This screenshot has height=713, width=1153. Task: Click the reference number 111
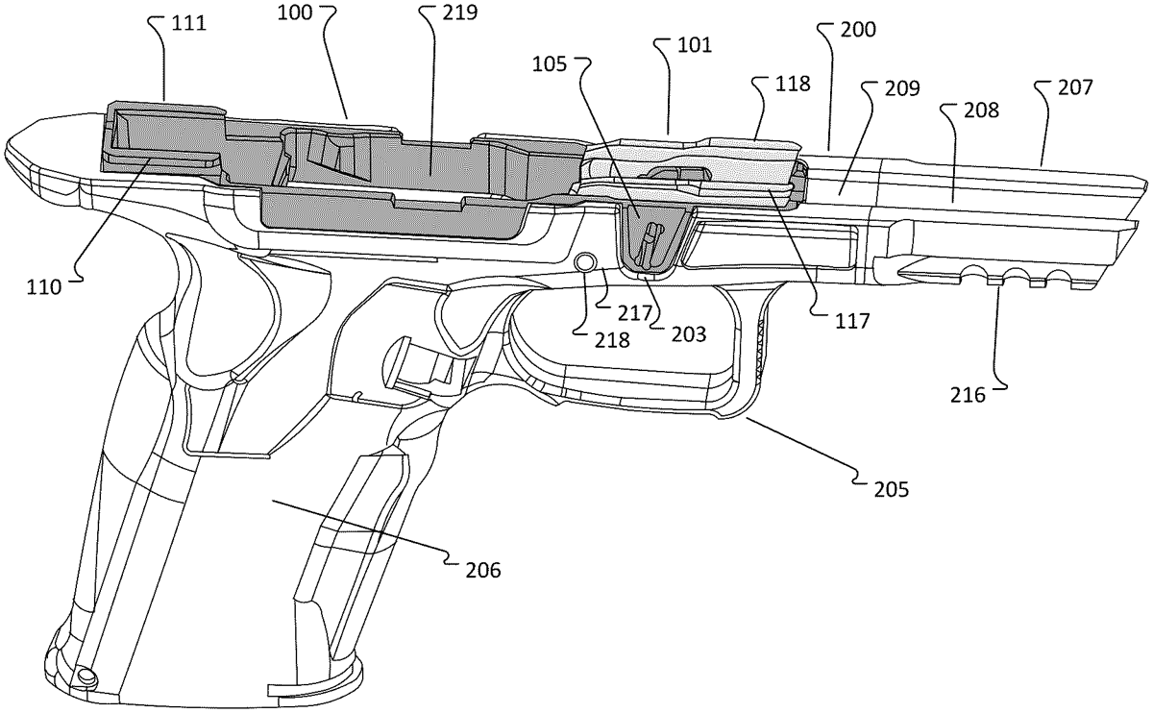point(188,23)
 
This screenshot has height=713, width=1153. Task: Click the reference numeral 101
point(693,44)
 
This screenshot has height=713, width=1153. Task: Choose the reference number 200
point(858,30)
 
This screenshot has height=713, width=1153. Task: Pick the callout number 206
point(482,570)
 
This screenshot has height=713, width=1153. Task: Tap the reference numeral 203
point(689,333)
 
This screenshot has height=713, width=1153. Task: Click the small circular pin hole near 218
point(584,261)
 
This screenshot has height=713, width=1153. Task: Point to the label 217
point(635,313)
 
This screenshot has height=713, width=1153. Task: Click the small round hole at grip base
point(87,677)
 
